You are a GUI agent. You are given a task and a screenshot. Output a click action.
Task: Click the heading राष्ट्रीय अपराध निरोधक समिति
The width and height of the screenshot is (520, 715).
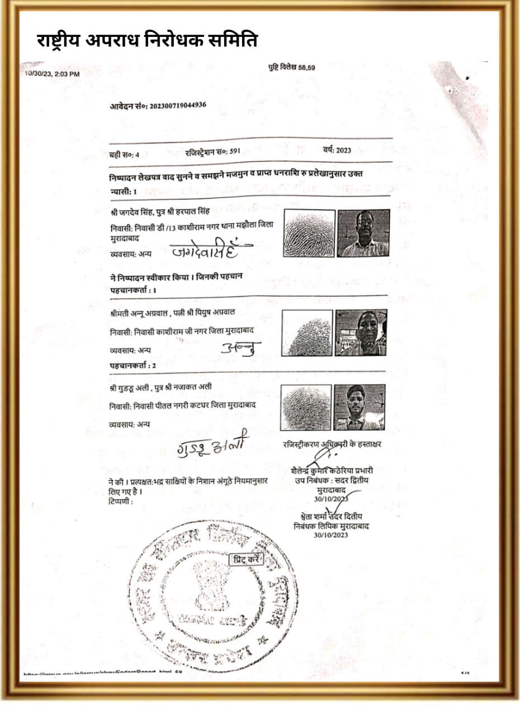click(147, 40)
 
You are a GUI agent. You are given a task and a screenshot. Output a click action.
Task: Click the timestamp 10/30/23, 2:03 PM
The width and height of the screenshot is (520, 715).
click(52, 73)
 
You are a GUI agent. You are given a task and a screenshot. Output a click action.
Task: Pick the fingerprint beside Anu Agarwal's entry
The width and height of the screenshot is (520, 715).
click(308, 333)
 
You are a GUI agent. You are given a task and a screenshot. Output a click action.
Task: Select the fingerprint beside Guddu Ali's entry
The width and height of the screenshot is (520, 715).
click(306, 407)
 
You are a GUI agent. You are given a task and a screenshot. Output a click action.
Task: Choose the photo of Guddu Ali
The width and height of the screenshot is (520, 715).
click(360, 407)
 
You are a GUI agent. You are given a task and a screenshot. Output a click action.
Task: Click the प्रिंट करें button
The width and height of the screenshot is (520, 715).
click(246, 559)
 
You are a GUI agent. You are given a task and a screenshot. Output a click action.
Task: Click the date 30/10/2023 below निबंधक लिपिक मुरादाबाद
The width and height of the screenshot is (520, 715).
click(331, 535)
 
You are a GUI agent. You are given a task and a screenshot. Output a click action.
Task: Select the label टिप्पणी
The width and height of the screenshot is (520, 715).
click(120, 501)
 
